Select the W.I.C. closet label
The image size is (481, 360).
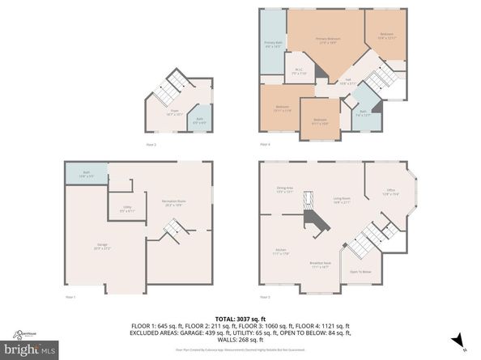(297, 71)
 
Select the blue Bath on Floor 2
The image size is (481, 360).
(199, 121)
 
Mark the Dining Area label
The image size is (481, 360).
(284, 190)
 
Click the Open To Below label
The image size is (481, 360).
(360, 272)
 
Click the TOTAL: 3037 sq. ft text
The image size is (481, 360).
(240, 319)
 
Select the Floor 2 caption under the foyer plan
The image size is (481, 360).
(151, 144)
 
